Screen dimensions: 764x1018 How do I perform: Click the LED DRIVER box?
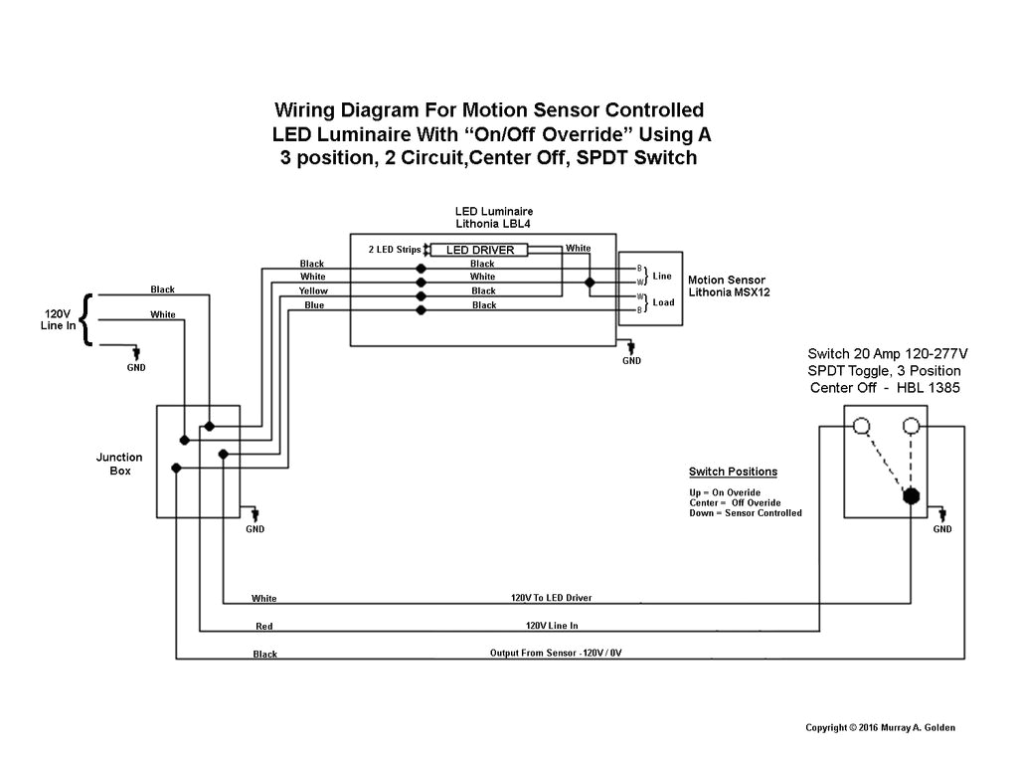[x=480, y=250]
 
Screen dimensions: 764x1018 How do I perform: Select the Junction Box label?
[x=119, y=464]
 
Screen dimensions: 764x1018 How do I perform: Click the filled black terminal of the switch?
[x=910, y=495]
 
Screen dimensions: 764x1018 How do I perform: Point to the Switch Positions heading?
[x=733, y=472]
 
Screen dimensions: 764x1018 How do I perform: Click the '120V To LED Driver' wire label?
[x=552, y=598]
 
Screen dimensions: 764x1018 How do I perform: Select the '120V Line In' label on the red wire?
[x=552, y=626]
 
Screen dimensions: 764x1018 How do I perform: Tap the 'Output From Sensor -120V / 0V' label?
[x=562, y=653]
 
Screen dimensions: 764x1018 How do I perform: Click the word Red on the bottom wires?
[x=263, y=627]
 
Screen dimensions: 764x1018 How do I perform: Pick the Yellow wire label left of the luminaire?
[x=313, y=290]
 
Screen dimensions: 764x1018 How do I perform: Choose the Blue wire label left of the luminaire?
[x=314, y=305]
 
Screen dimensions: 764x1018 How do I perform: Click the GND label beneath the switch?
[x=941, y=529]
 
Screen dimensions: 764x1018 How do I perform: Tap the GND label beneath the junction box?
[x=255, y=529]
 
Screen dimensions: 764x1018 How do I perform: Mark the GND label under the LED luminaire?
[x=631, y=361]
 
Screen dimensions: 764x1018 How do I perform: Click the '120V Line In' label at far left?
[x=58, y=318]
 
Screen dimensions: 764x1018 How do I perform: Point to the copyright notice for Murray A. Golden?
[x=880, y=727]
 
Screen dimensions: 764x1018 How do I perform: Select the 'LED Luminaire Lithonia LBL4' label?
[x=494, y=218]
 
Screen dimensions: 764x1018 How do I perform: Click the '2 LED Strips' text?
[x=395, y=249]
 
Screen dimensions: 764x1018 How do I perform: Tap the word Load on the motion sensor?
[x=662, y=302]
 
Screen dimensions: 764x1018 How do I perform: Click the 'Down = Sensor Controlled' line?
[x=745, y=513]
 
